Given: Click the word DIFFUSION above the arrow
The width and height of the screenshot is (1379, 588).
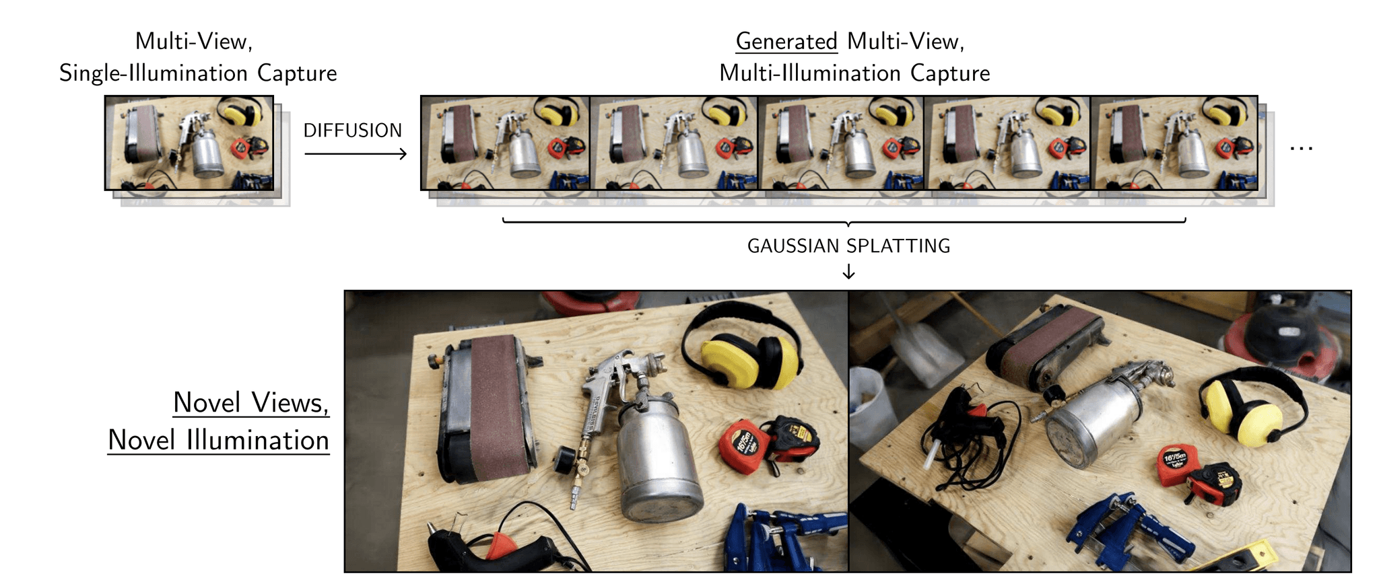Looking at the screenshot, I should (352, 131).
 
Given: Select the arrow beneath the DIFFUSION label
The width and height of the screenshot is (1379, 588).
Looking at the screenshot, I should (355, 154).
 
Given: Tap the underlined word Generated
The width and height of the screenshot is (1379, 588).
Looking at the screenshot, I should (786, 42).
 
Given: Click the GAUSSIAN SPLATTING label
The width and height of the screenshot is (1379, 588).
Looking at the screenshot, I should (848, 246).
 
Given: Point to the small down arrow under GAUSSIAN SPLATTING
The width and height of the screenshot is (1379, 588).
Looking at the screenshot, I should (848, 272).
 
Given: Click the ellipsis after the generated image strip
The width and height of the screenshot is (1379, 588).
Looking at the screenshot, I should (1301, 149).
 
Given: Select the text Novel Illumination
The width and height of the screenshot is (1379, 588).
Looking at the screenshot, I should (218, 441).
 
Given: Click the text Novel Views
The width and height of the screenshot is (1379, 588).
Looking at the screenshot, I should (250, 403).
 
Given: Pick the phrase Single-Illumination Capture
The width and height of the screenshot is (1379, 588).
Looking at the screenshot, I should (198, 73).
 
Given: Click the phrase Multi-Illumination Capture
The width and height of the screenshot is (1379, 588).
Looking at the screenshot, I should (854, 73).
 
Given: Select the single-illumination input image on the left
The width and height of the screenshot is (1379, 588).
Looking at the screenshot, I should (189, 143).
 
